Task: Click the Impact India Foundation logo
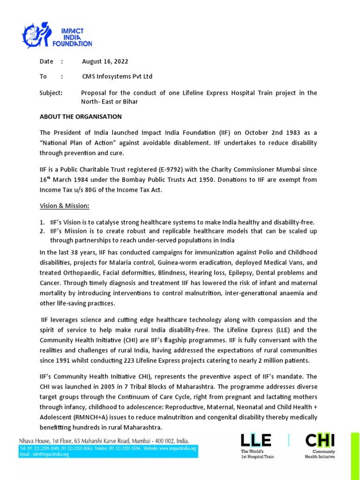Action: [58, 35]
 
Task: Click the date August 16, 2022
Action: [105, 61]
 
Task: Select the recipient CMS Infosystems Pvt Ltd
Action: [117, 76]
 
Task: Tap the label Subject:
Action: [51, 93]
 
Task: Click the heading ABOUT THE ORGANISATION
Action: [81, 116]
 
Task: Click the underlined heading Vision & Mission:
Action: [64, 206]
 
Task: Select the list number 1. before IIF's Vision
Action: [42, 222]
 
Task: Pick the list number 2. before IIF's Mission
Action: [42, 232]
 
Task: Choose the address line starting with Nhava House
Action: [104, 441]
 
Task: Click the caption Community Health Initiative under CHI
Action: [320, 454]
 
